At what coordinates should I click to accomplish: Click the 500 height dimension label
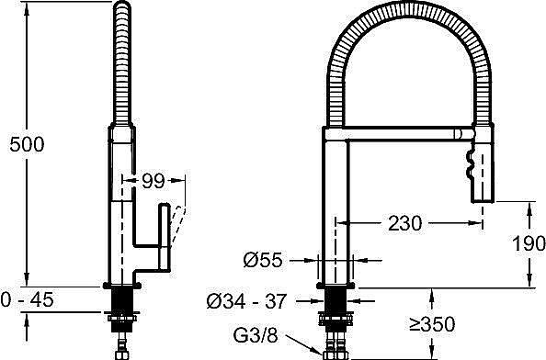click(27, 144)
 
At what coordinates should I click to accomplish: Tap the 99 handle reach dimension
click(153, 181)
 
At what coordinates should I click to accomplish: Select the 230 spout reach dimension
click(404, 223)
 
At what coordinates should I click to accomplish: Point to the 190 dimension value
click(529, 243)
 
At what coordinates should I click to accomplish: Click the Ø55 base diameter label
click(263, 260)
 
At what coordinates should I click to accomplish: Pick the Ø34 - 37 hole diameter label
click(246, 301)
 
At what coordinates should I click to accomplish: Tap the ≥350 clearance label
click(432, 324)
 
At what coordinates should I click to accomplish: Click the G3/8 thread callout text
click(256, 335)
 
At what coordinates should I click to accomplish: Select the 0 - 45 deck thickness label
click(28, 299)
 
